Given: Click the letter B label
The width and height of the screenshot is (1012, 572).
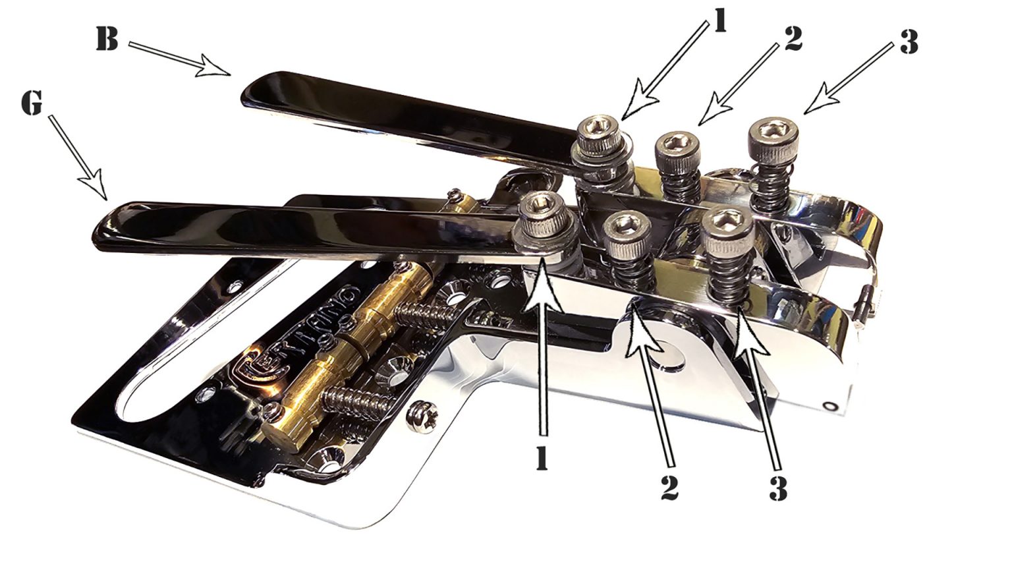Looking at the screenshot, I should click(107, 40).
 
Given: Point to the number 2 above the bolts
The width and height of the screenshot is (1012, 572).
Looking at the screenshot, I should click(793, 40).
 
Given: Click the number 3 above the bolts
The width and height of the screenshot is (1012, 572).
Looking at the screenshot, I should click(909, 43).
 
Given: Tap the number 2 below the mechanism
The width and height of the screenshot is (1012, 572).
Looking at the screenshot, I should click(670, 486).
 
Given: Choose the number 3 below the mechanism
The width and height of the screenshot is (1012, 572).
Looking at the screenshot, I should click(778, 488).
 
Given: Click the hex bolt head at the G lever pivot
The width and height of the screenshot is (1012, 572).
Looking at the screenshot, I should click(542, 209).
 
